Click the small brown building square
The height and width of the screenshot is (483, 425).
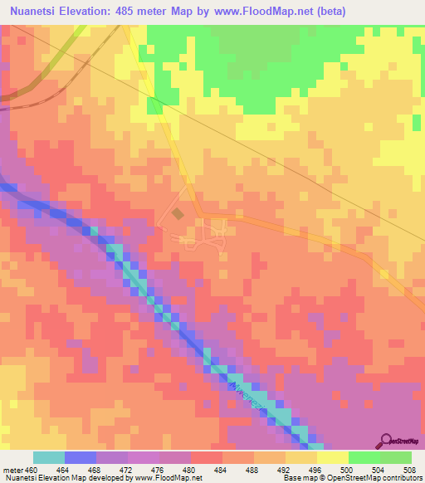click(x=178, y=215)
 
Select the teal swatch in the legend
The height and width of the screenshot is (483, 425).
click(x=49, y=457)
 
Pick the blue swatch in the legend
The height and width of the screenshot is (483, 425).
click(x=81, y=457)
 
